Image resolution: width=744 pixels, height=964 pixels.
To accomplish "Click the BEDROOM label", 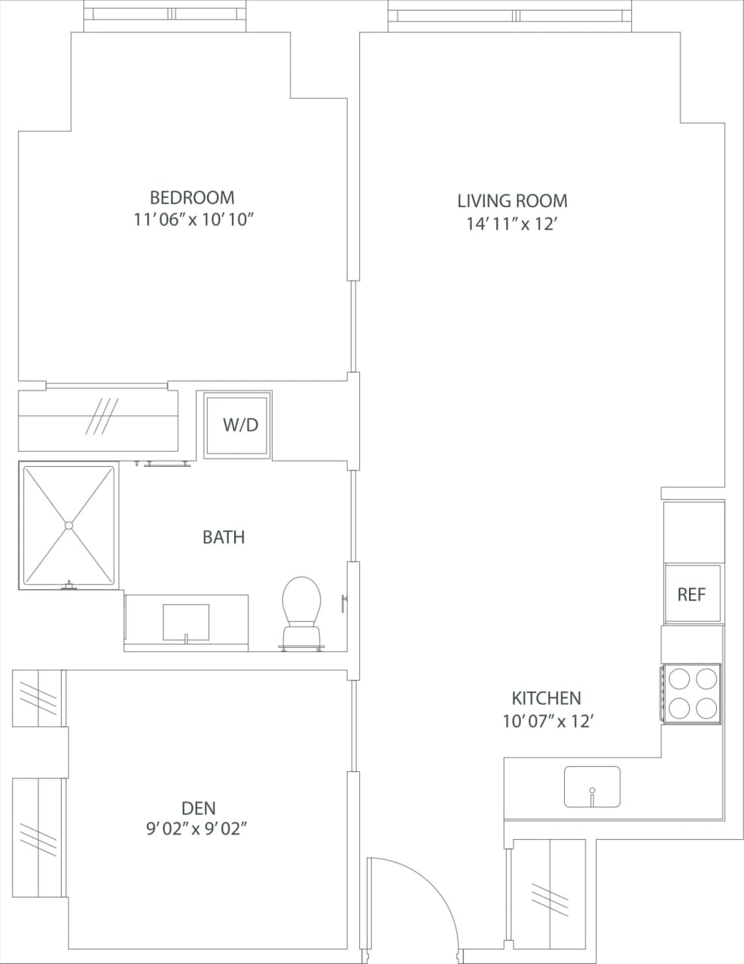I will click(x=192, y=197).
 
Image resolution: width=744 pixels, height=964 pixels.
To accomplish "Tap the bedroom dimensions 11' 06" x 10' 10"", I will click(x=192, y=220).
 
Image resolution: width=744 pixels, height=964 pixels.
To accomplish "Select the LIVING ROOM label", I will click(x=512, y=201).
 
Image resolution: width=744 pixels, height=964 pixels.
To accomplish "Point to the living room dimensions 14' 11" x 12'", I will click(x=511, y=224).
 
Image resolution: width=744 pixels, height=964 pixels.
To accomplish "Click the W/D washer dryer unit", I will click(x=238, y=425).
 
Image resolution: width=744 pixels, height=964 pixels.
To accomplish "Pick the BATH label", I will click(x=224, y=537).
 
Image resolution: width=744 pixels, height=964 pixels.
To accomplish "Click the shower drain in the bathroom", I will click(x=69, y=525).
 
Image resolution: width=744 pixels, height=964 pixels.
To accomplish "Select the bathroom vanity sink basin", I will click(x=186, y=621).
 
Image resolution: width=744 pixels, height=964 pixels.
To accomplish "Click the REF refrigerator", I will click(x=692, y=594).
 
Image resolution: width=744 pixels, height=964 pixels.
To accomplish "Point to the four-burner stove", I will click(x=692, y=694).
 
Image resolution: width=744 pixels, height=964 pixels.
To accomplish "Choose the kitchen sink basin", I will click(x=592, y=786).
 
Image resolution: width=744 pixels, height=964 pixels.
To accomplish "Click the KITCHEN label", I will click(x=546, y=698).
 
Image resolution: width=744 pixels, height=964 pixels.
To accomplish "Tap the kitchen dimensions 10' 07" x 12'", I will click(x=549, y=721).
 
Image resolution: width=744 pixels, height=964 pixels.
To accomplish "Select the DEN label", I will click(x=199, y=808).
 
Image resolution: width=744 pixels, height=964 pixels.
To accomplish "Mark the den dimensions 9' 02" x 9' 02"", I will click(x=197, y=829).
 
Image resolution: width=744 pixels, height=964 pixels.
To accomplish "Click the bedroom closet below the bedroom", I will click(x=98, y=419).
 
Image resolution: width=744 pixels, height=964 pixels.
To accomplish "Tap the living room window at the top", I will click(x=510, y=15).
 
